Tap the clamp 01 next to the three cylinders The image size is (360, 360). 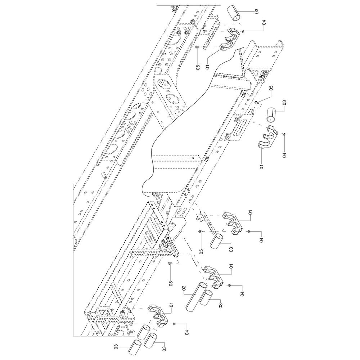tap(158, 316)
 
